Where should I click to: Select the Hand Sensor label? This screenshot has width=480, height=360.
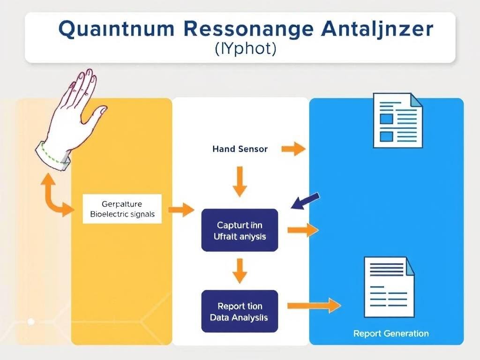240,149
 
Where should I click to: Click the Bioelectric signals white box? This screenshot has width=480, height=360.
122,209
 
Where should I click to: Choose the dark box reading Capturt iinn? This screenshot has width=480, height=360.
240,230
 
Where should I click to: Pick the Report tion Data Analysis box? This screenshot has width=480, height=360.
240,312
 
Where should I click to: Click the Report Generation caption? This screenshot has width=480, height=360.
391,334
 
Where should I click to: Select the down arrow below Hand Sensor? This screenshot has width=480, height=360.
240,181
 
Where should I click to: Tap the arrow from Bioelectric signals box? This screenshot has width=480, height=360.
180,210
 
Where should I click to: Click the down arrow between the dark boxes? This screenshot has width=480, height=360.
240,270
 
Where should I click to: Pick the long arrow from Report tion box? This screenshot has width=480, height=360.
314,306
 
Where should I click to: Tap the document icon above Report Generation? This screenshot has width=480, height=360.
390,287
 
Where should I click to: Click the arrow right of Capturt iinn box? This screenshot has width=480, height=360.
302,230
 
